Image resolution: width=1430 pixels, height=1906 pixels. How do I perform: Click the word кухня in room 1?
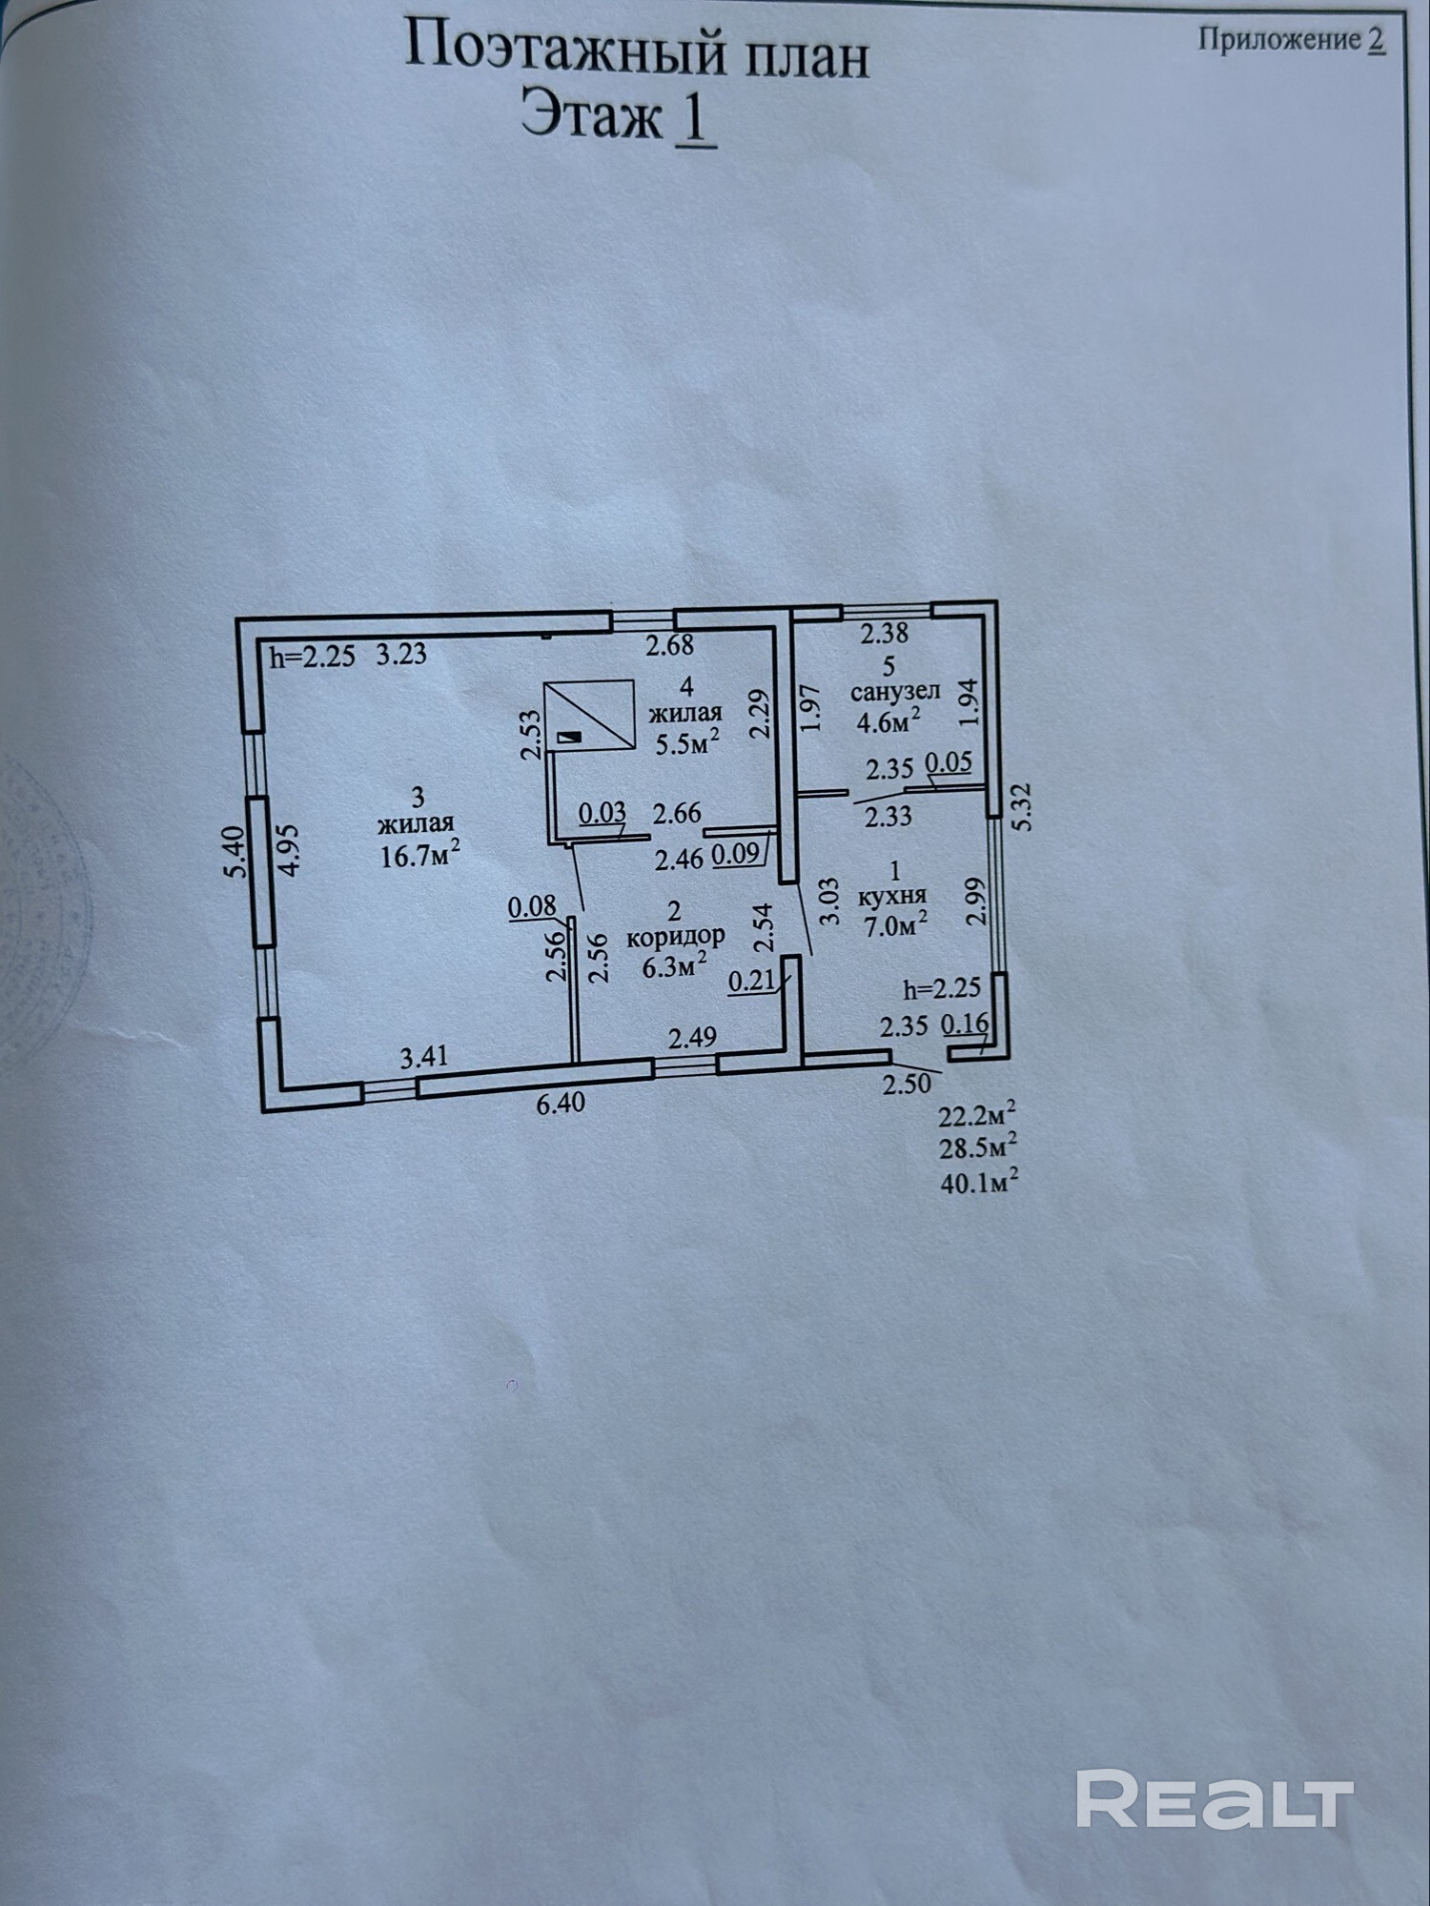coord(893,897)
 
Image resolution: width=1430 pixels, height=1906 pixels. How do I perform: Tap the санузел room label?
coord(895,691)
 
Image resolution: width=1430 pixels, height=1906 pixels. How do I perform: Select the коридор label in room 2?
coord(676,936)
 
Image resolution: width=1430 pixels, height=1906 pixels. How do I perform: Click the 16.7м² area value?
coord(420,855)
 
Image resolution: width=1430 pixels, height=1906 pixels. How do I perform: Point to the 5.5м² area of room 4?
coord(685,742)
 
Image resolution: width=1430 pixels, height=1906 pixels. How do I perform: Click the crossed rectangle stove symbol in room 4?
coord(589,713)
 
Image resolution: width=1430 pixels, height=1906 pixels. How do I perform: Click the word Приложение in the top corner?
coord(1278,40)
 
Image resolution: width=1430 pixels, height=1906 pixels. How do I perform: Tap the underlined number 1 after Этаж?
coord(695,121)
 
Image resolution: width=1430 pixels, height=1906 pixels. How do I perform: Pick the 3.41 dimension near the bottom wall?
coord(424,1056)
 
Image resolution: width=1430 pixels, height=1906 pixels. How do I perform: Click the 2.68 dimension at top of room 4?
coord(669,646)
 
